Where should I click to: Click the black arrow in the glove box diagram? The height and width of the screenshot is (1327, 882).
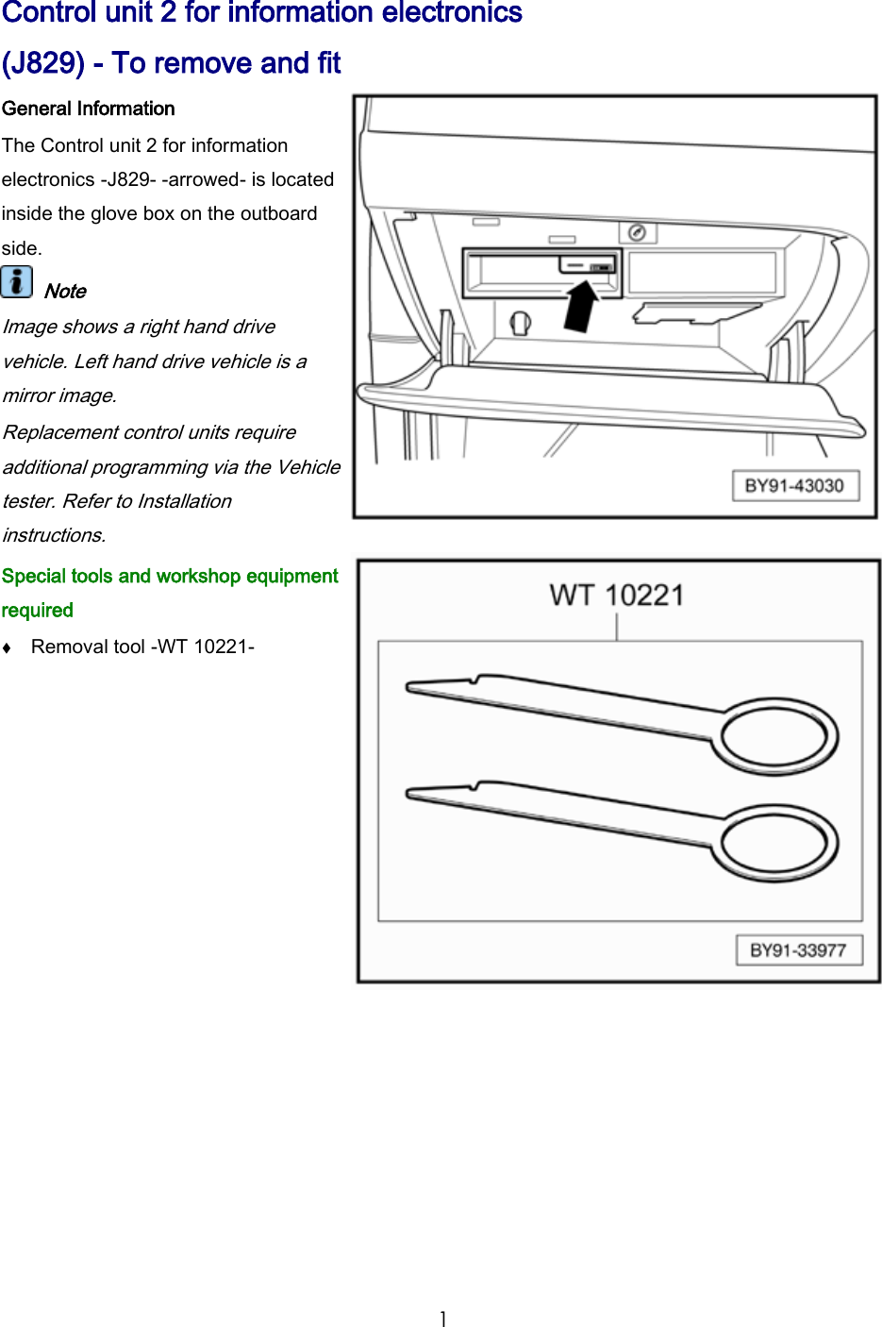[581, 308]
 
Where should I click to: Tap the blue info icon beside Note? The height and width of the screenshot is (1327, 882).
[16, 282]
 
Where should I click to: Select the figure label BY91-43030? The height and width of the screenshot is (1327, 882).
[794, 486]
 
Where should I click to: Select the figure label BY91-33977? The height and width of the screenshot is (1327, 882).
[798, 950]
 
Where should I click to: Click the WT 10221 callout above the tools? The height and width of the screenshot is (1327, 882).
[617, 596]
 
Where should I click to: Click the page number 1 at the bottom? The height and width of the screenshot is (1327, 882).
[442, 1319]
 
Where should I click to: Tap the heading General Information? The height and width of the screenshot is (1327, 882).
[88, 109]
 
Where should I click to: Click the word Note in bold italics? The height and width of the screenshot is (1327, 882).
[65, 292]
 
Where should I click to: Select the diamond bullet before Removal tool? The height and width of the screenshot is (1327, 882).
[7, 647]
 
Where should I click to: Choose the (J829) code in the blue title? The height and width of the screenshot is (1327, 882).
[43, 63]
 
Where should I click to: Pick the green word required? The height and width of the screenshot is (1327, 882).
[38, 611]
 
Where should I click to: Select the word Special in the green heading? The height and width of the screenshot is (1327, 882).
[34, 577]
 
